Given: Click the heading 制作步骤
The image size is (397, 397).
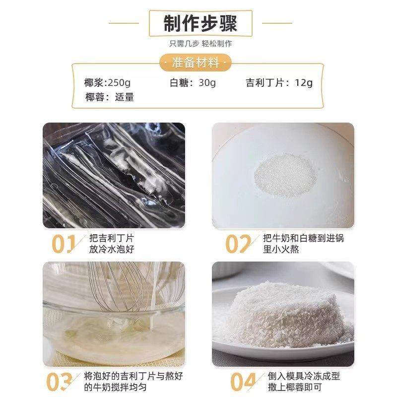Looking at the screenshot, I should click(x=200, y=23).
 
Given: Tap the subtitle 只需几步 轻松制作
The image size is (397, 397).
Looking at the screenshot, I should click(x=200, y=44).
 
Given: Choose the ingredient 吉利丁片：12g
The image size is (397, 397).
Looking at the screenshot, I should click(x=279, y=83).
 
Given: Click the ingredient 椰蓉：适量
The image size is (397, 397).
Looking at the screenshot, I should click(x=110, y=97).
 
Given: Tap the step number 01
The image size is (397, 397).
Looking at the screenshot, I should click(x=64, y=244).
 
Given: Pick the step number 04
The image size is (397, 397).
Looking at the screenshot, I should click(x=243, y=382).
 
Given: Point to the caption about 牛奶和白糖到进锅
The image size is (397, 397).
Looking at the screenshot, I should click(x=303, y=244).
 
